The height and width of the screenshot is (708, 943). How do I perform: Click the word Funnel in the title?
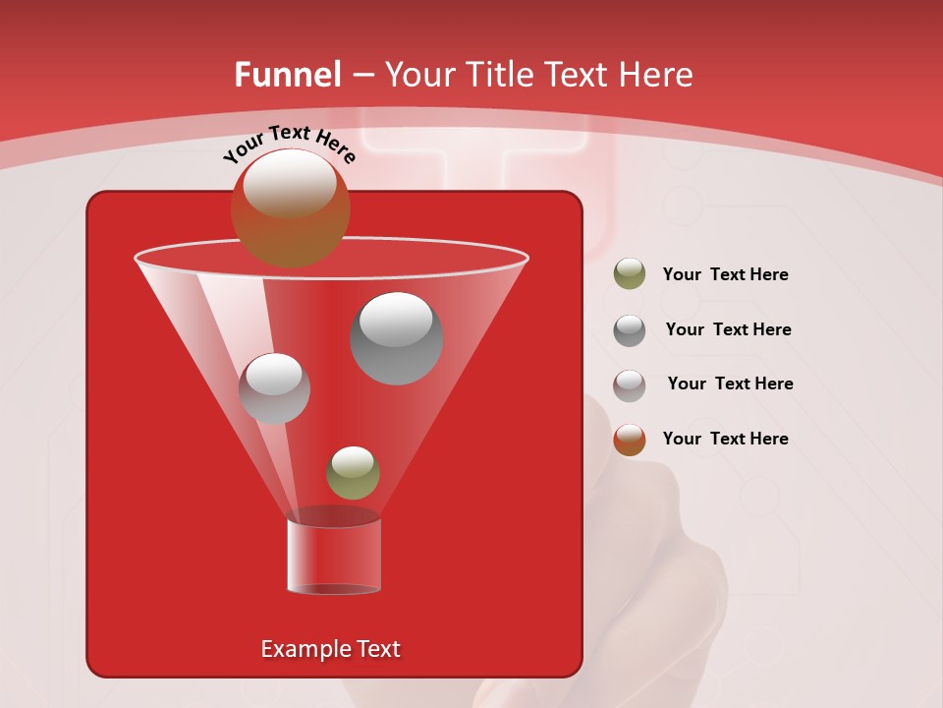[287, 75]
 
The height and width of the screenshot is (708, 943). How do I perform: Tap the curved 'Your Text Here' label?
[290, 144]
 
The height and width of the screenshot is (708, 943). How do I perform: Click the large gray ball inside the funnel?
[397, 338]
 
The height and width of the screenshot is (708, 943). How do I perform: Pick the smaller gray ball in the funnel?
[274, 388]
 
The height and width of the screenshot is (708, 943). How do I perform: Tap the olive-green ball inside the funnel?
[353, 473]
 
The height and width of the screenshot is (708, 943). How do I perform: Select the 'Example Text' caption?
[330, 649]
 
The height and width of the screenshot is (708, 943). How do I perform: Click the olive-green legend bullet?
[630, 274]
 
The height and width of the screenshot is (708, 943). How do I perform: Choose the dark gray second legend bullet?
[630, 330]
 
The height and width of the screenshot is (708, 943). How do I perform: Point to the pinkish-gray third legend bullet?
[630, 385]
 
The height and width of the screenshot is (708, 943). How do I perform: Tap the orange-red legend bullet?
[630, 440]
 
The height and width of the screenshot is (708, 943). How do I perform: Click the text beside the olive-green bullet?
[725, 275]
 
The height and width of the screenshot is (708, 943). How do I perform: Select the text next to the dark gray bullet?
[728, 330]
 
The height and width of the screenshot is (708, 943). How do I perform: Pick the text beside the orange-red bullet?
[725, 439]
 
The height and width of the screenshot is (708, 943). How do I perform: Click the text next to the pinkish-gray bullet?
[730, 383]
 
